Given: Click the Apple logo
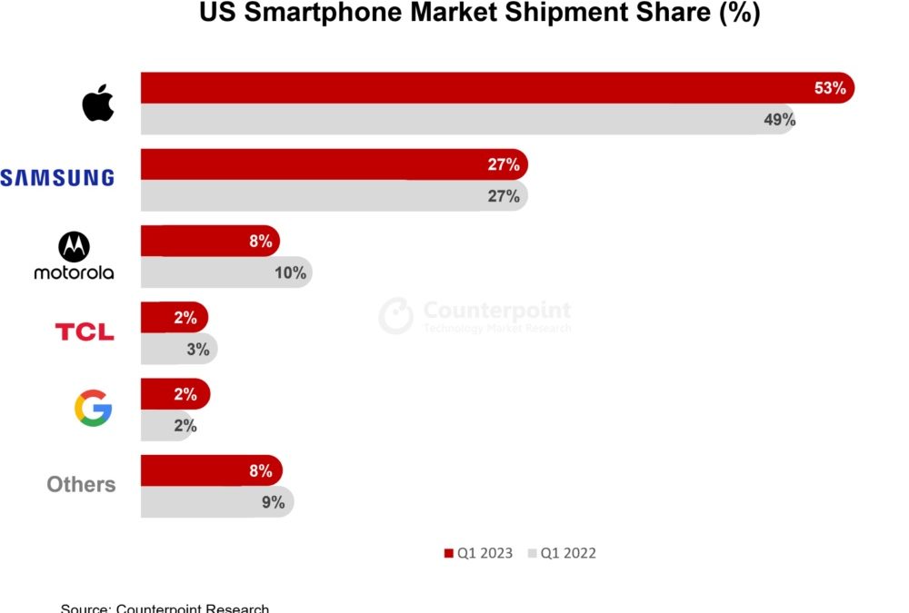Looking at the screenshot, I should (98, 104).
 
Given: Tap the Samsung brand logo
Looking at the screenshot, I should (57, 178).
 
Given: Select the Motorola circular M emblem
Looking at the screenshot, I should (75, 246).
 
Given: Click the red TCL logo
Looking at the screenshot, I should (85, 332).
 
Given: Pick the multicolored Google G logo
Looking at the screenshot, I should (93, 409).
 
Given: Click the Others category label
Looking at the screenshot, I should (81, 485).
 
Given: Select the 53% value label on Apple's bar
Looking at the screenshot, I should (829, 88).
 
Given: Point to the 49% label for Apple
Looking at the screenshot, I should (779, 119).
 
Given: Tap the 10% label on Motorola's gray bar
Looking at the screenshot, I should (290, 272).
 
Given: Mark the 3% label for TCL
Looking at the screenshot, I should (197, 348).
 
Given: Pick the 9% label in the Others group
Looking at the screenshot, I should (273, 501).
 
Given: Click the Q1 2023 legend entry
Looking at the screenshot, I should (478, 553).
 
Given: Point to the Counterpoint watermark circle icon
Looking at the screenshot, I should (395, 315).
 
